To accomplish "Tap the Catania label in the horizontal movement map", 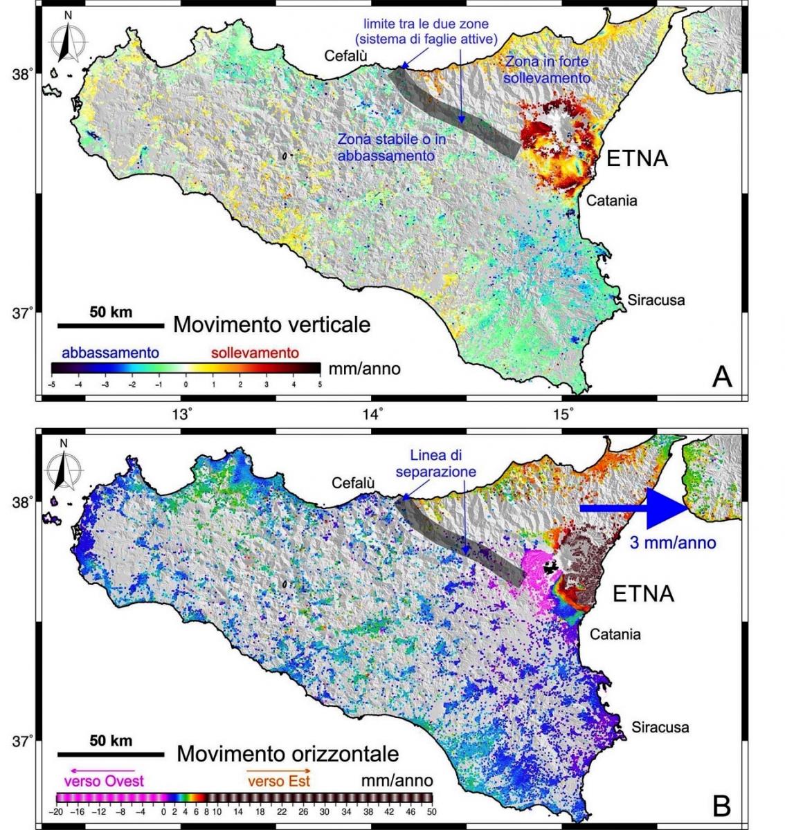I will pyautogui.click(x=615, y=634).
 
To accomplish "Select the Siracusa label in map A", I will pyautogui.click(x=656, y=300).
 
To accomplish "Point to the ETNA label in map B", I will pyautogui.click(x=643, y=593).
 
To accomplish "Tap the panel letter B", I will pyautogui.click(x=722, y=804).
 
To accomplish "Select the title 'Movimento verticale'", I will pyautogui.click(x=271, y=324).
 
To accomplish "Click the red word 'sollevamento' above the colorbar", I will pyautogui.click(x=255, y=353).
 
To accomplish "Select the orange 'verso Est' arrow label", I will pyautogui.click(x=278, y=780).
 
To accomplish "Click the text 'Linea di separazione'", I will pyautogui.click(x=436, y=463).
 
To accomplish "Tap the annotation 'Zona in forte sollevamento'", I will pyautogui.click(x=547, y=69).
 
